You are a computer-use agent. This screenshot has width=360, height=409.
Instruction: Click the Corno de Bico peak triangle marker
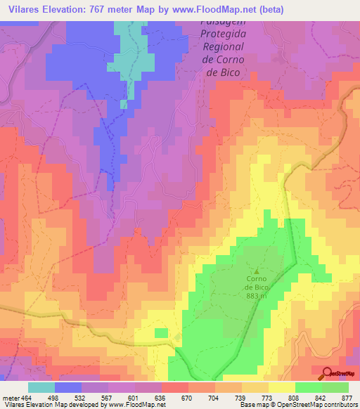click(256, 271)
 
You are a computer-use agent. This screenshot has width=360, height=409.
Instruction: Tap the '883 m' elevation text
click(256, 296)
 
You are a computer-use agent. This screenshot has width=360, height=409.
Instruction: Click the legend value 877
click(348, 397)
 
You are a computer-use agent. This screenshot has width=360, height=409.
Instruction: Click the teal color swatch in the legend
click(41, 387)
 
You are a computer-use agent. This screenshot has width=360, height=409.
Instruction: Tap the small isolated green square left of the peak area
click(161, 332)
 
